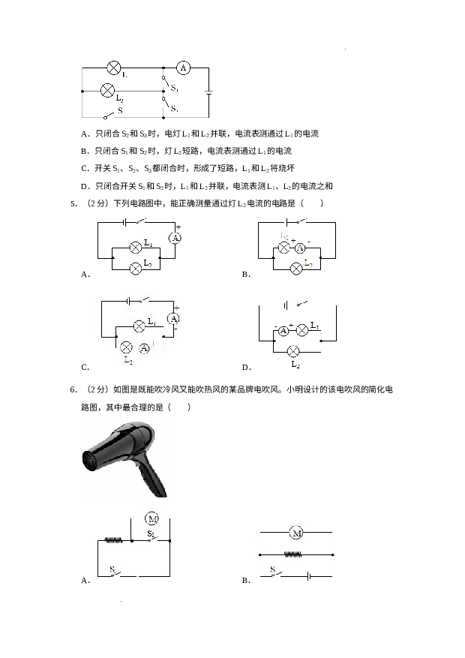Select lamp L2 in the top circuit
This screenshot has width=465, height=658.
(106, 92)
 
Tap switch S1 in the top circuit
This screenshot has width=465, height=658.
(164, 85)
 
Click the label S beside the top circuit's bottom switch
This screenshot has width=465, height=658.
(119, 110)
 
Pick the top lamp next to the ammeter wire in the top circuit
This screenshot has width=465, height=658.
(114, 68)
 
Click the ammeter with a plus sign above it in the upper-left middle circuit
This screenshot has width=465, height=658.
(175, 238)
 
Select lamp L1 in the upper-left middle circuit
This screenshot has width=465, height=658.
(136, 247)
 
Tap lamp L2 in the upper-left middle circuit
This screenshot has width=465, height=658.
(136, 267)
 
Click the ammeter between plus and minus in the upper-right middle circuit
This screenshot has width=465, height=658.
(300, 248)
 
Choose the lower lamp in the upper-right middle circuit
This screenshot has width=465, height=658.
(296, 267)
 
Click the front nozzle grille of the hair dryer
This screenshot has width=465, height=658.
(91, 458)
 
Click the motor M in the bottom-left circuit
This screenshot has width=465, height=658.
(152, 519)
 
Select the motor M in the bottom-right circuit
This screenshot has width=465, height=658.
(297, 533)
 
